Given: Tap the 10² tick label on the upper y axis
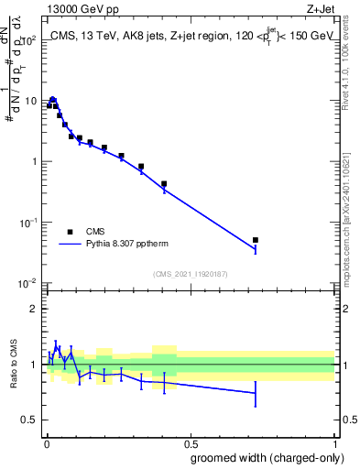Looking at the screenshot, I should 28,41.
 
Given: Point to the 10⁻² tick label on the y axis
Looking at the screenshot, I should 28,283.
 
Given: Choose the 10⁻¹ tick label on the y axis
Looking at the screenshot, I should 28,223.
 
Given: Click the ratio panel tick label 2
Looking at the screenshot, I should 33,309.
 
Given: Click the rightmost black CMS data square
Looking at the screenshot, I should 256,240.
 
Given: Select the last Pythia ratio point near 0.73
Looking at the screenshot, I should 256,393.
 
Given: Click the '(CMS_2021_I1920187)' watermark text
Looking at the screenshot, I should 190,273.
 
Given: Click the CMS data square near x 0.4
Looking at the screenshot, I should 164,184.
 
